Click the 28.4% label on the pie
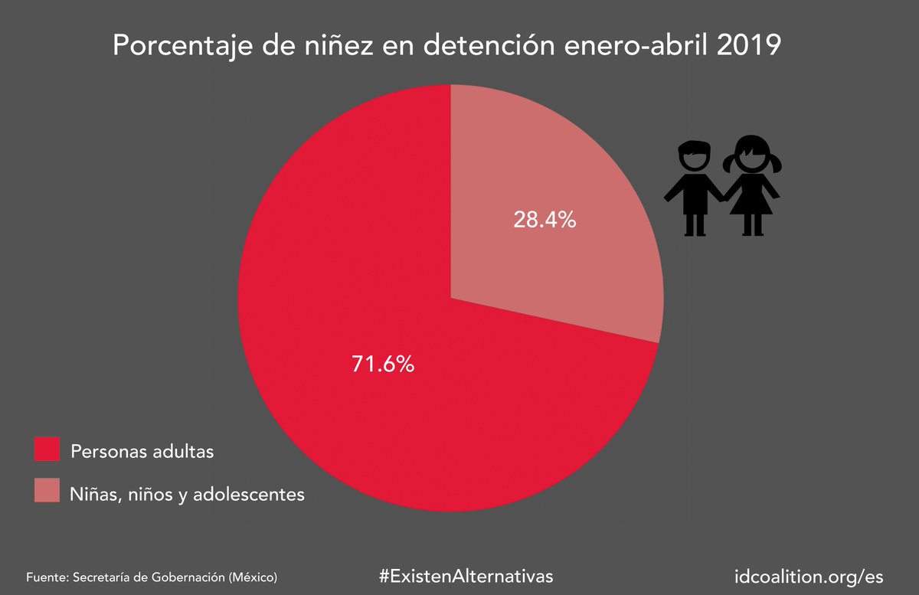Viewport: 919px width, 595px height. click(544, 221)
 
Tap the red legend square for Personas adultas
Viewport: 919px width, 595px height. click(47, 450)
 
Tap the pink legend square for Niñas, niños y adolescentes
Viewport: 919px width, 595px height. click(47, 491)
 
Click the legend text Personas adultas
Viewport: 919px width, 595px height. click(142, 451)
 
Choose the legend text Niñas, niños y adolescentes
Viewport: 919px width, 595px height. click(187, 494)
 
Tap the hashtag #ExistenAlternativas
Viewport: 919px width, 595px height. click(466, 576)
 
